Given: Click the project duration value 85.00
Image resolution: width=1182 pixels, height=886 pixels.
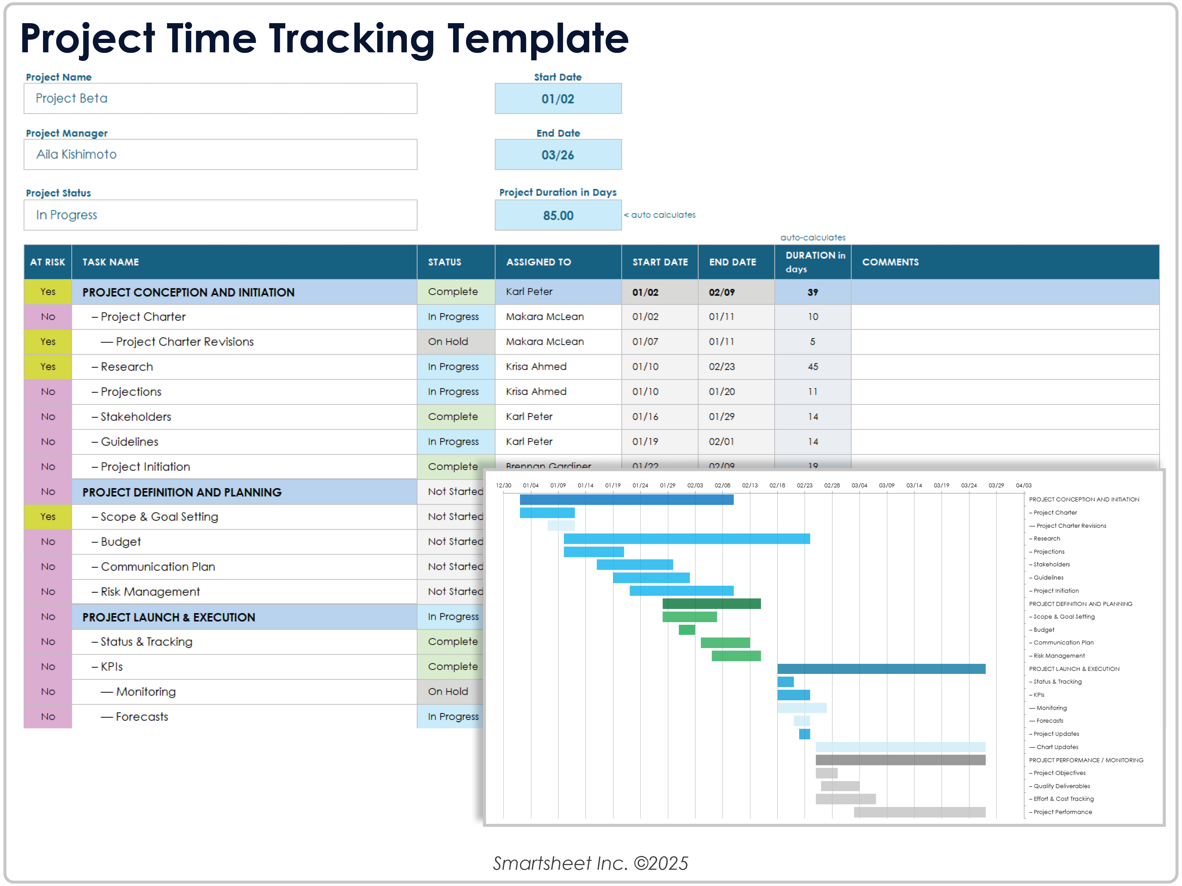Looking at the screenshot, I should pyautogui.click(x=558, y=215).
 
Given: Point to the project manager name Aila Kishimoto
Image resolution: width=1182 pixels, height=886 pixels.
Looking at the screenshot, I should pyautogui.click(x=76, y=155).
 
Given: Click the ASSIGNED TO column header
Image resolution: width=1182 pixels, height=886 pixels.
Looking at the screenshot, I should pyautogui.click(x=539, y=262).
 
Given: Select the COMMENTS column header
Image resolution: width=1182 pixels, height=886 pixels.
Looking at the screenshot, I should pyautogui.click(x=890, y=262).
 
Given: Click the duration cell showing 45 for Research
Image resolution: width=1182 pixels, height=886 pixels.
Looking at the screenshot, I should pyautogui.click(x=812, y=367).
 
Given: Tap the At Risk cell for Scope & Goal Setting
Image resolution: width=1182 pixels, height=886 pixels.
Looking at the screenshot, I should pyautogui.click(x=48, y=517).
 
